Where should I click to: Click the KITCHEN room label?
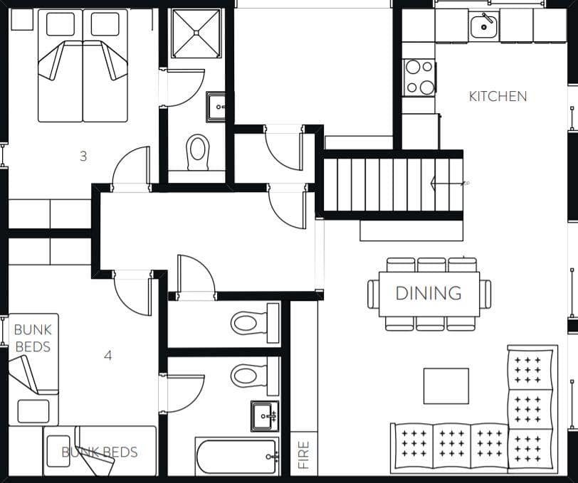tap(498, 96)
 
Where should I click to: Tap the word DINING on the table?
tap(429, 293)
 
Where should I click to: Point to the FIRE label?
tap(303, 455)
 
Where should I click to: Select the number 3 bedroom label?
tap(83, 156)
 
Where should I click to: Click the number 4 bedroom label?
tap(107, 356)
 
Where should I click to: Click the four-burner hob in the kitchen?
tap(419, 77)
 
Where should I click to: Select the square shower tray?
tap(196, 33)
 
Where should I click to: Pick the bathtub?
tap(236, 457)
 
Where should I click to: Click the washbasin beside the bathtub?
tap(265, 416)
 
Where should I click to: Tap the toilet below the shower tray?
tap(198, 152)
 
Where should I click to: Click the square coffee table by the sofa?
tap(446, 386)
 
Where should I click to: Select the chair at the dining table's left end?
tap(374, 294)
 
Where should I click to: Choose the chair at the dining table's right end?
tap(485, 294)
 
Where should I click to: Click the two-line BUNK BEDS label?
tap(33, 338)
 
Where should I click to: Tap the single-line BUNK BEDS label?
tap(100, 452)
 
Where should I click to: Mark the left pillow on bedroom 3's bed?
tap(61, 24)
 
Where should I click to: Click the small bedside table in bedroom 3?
tap(22, 19)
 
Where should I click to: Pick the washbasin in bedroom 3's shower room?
tap(216, 107)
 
